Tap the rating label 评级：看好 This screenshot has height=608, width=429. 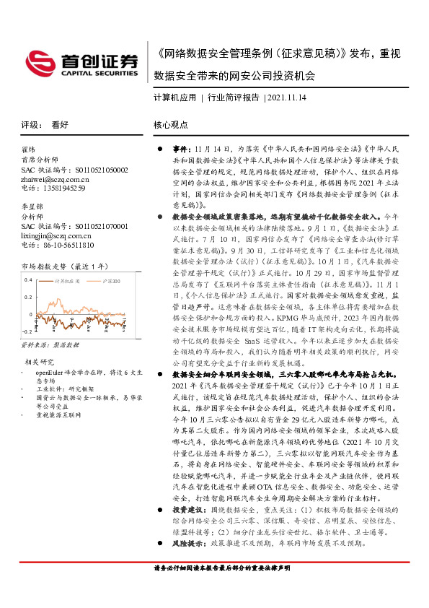tap(45, 124)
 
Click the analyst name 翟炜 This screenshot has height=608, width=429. tap(30, 151)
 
